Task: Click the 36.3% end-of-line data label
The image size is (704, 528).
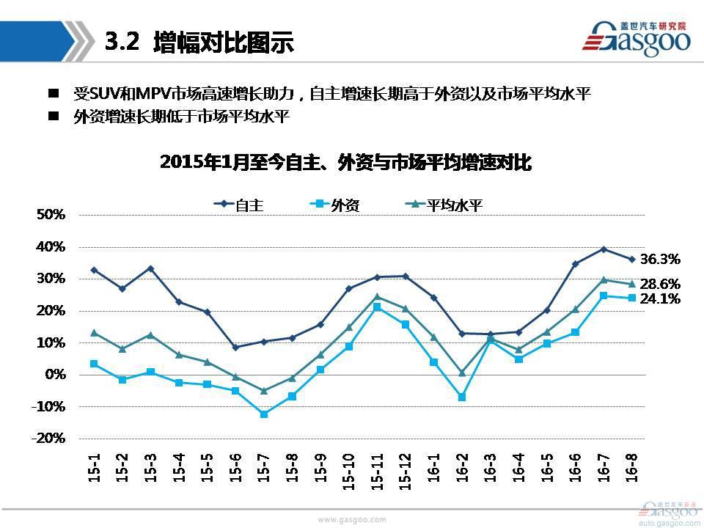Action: [660, 259]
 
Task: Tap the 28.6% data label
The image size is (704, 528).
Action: [660, 284]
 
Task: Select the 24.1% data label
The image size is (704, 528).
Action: [660, 298]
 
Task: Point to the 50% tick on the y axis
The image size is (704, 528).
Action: [51, 215]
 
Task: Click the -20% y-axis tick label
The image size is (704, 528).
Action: [50, 438]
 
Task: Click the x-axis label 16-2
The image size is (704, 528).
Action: [463, 466]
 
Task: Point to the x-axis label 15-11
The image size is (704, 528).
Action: [378, 470]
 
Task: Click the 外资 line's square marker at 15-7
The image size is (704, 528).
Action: [264, 414]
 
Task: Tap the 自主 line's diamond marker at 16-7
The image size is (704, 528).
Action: [604, 249]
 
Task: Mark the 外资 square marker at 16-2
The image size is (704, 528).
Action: [462, 397]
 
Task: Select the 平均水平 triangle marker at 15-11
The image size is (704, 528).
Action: [377, 297]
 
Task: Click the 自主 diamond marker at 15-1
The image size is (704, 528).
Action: [94, 270]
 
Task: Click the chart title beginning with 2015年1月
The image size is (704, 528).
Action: [345, 163]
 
